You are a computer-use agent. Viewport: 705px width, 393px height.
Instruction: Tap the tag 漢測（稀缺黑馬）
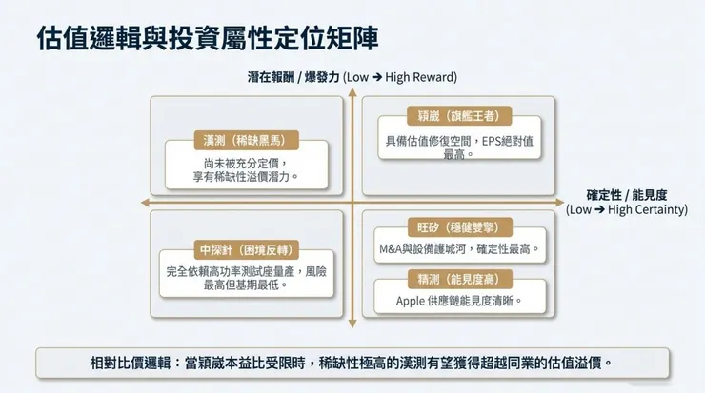click(245, 139)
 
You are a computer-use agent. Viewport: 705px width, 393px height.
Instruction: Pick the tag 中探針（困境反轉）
click(245, 250)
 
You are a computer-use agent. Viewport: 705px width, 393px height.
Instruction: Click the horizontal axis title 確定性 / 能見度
click(626, 194)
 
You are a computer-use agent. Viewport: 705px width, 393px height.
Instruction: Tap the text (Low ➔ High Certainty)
click(626, 209)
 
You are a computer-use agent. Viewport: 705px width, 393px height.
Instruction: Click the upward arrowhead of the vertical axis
click(352, 92)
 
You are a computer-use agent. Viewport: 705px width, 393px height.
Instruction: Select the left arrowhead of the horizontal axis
click(144, 202)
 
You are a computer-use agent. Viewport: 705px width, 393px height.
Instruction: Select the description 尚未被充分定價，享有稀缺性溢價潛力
click(246, 169)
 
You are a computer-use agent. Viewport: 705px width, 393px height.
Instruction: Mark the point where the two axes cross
click(352, 202)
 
